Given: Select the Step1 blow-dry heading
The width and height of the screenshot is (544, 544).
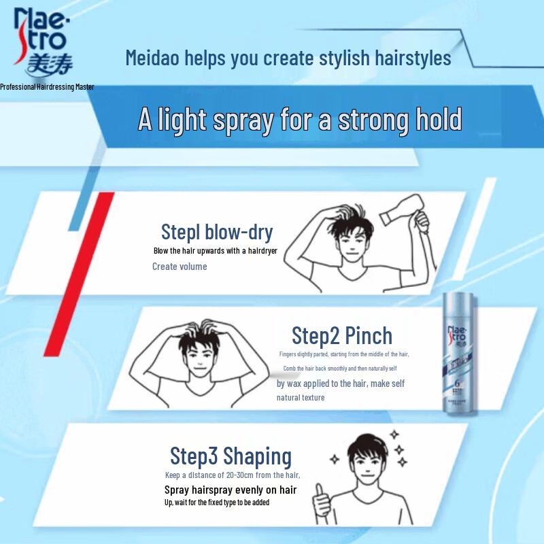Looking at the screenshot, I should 216,232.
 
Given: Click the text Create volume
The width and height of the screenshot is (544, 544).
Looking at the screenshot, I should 180,267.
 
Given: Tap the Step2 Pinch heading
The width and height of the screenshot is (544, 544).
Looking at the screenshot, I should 342,335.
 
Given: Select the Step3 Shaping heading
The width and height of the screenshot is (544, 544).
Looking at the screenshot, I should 231,456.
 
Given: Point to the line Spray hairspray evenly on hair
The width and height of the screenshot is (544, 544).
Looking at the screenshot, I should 231,490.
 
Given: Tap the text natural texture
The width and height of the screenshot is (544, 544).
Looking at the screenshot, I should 301,398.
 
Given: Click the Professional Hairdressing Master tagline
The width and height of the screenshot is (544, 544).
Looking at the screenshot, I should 47,87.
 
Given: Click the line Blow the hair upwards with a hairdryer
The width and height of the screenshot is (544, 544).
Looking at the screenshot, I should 216,251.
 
